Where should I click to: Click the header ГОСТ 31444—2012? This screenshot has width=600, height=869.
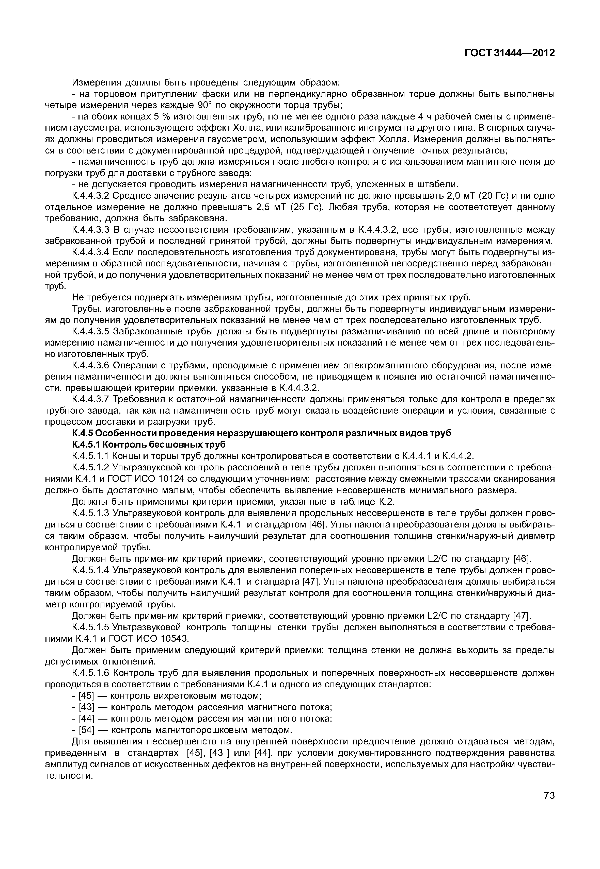[x=509, y=53]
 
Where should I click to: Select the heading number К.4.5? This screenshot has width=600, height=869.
[x=82, y=433]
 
